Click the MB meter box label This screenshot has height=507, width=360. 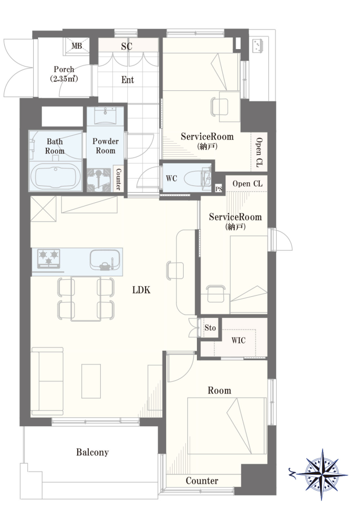click(x=77, y=46)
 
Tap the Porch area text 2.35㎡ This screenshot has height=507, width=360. click(x=64, y=79)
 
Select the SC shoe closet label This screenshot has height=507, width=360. click(x=127, y=46)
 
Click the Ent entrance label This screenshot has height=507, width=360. click(x=128, y=80)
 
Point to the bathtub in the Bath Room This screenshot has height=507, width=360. click(x=55, y=177)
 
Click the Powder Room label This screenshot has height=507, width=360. click(x=106, y=146)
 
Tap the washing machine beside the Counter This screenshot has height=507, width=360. click(x=100, y=180)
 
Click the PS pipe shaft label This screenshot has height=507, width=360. click(x=219, y=189)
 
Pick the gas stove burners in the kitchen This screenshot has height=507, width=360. click(x=49, y=258)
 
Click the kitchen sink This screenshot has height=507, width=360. click(x=105, y=260)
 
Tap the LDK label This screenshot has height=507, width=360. click(x=141, y=290)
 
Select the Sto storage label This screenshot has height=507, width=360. click(x=210, y=328)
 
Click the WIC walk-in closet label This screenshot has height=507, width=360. click(x=239, y=340)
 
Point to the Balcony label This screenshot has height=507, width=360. click(x=92, y=453)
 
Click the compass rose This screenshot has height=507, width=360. click(x=321, y=474)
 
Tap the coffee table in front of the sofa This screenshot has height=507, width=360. click(x=91, y=381)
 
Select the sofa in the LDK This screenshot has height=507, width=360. click(x=47, y=381)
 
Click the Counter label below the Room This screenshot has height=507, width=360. click(x=202, y=481)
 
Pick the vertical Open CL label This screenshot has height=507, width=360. click(x=259, y=152)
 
